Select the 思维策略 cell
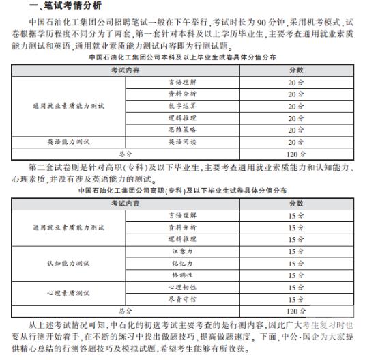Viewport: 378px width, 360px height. (x=181, y=129)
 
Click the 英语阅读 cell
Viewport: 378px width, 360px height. (x=181, y=141)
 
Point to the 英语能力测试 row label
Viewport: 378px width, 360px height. (x=68, y=141)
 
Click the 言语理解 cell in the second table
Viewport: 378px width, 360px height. (x=181, y=215)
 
